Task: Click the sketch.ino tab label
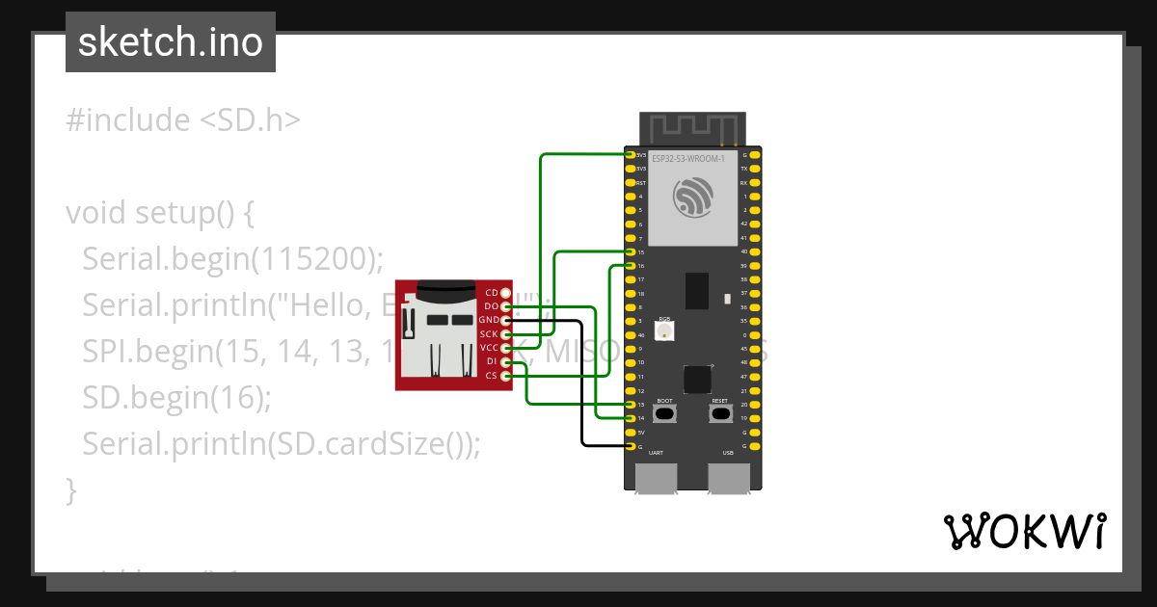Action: coord(171,42)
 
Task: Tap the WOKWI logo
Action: coord(1023,531)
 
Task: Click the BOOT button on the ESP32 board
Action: coord(664,414)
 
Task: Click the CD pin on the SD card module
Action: coord(506,292)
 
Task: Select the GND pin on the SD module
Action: coord(506,320)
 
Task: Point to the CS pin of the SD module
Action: coord(506,376)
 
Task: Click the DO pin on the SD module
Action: coord(506,305)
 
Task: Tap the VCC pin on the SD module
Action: coord(506,348)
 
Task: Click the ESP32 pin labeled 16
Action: coord(631,265)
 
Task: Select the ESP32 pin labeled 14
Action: coord(631,418)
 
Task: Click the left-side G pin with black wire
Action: coord(631,446)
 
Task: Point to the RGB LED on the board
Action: coord(664,331)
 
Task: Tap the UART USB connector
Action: coord(656,478)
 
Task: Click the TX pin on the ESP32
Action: coord(755,168)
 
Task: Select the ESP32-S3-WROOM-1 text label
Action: coord(687,158)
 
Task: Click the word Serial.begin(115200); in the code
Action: coord(232,258)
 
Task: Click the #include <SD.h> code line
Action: coord(183,120)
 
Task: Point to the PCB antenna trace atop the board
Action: coord(692,128)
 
